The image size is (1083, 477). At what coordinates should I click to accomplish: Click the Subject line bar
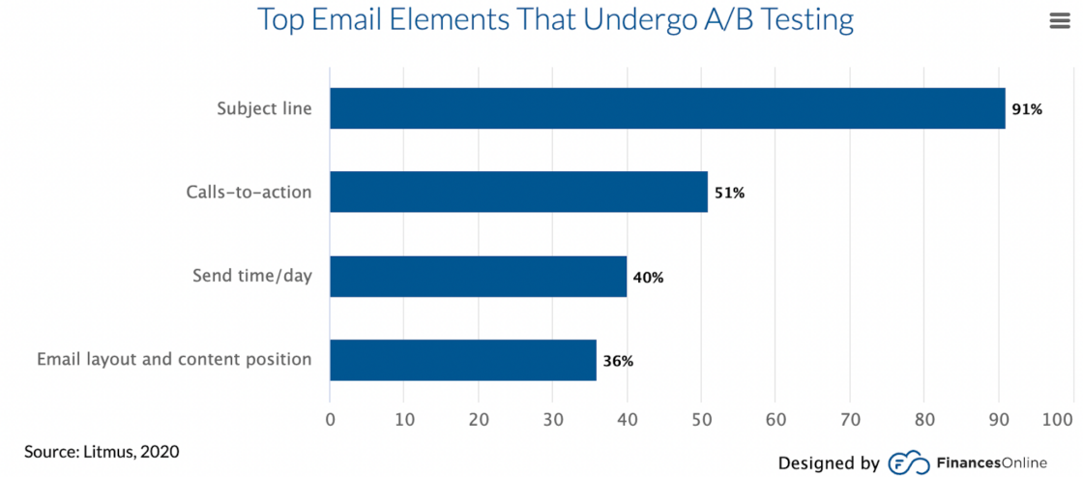[x=667, y=108]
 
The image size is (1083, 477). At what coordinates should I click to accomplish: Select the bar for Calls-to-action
[x=518, y=192]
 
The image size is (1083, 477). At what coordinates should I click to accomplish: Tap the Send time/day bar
[x=478, y=277]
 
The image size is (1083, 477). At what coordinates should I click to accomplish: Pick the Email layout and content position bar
[x=463, y=360]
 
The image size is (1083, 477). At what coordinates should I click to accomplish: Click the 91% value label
[x=1027, y=109]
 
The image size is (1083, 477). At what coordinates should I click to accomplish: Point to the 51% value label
[x=729, y=193]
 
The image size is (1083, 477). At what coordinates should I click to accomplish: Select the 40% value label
[x=648, y=278]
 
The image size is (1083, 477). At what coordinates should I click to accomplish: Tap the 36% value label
[x=618, y=361]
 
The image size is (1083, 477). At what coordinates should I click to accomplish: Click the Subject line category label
[x=264, y=108]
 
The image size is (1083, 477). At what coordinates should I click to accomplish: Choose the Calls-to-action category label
[x=249, y=192]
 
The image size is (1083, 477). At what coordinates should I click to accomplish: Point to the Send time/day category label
[x=251, y=277]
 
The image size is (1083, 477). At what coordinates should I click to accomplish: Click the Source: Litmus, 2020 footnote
[x=102, y=452]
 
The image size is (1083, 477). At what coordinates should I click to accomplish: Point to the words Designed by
[x=829, y=463]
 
